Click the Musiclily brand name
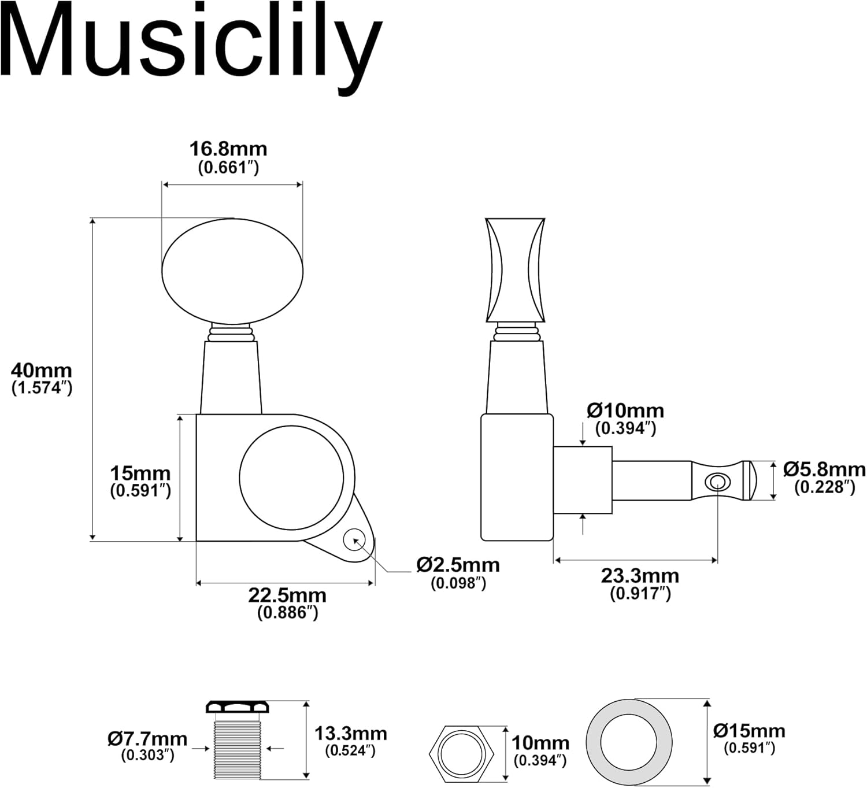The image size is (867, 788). coord(191,43)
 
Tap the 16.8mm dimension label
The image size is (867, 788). coord(228,157)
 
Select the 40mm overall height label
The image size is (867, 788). coord(42,378)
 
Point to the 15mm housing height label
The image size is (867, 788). coord(140,481)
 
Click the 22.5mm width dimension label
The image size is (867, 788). coord(287,602)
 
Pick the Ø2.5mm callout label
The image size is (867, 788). coord(458,572)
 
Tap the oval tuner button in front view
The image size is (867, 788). coord(232,271)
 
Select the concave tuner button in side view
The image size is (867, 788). coord(515,270)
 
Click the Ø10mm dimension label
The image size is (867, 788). coord(625,419)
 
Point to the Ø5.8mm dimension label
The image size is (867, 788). coord(824,477)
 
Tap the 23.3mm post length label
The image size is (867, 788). coord(640,583)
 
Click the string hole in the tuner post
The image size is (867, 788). coord(717,481)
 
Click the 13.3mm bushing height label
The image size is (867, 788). coord(350,741)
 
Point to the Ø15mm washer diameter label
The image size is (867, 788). coord(749,738)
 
